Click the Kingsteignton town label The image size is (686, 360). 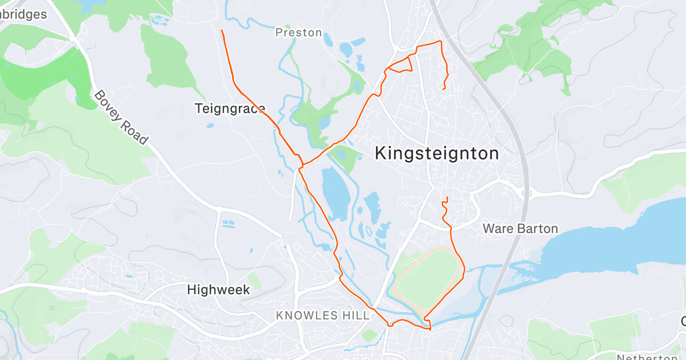point(437,153)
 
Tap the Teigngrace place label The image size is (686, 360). point(230,108)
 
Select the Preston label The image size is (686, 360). point(298,33)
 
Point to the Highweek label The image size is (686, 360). point(218,290)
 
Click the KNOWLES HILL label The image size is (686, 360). point(323,315)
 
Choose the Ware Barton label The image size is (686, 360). point(520,229)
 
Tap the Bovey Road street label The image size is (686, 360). point(121,117)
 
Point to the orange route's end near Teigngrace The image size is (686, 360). point(222,30)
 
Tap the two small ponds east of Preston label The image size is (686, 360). point(350,47)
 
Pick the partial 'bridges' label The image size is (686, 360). point(24,14)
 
